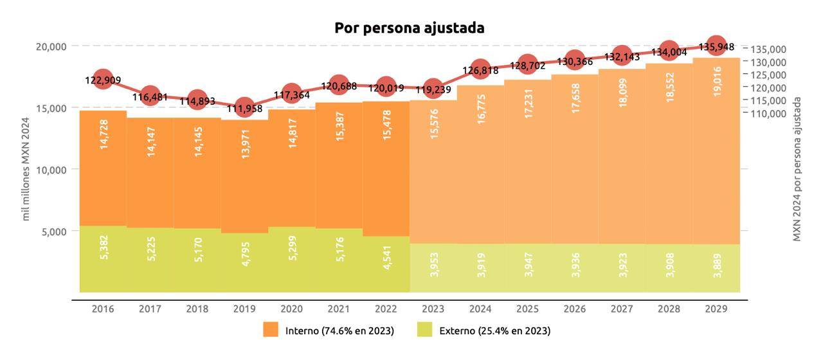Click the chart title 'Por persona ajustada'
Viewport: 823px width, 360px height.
pos(409,28)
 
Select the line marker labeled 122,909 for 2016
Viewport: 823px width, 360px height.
pos(103,80)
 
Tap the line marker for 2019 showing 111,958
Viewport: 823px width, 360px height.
pos(244,107)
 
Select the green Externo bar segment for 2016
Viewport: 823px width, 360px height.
pos(103,258)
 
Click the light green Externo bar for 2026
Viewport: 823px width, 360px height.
pos(575,267)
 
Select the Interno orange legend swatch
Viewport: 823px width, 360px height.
pos(271,330)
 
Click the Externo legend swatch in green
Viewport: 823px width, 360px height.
pos(424,330)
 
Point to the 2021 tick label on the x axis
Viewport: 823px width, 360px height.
pos(339,309)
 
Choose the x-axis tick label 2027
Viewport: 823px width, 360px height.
pos(622,309)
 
